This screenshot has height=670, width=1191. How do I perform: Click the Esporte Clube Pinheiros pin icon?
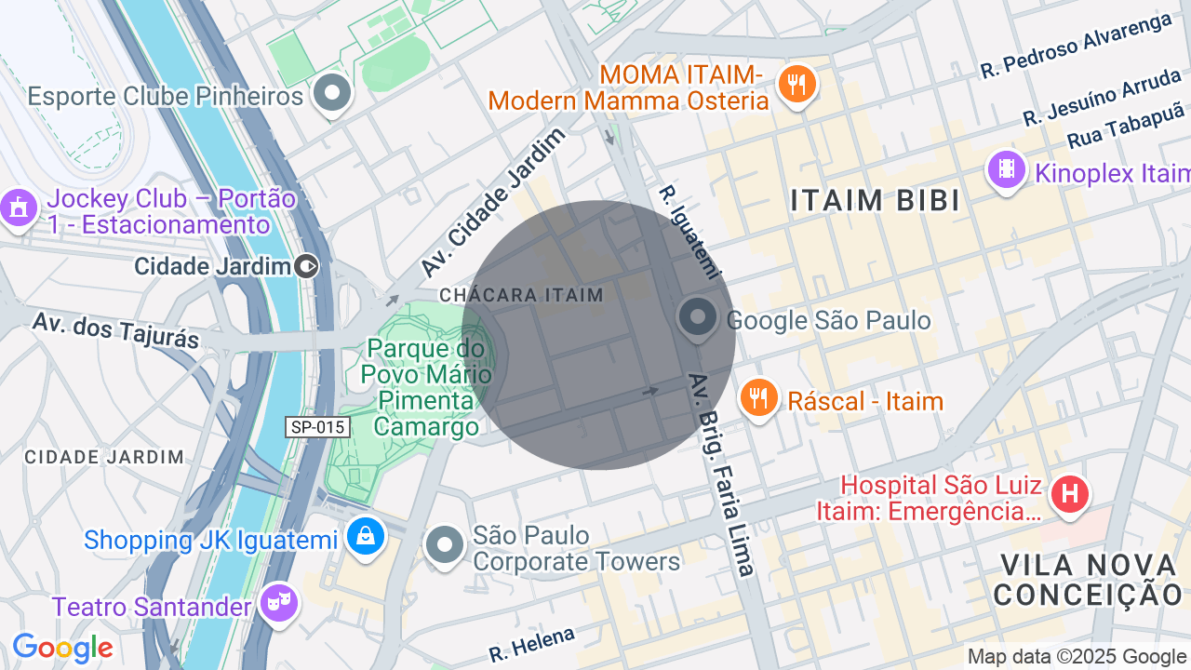pos(331,93)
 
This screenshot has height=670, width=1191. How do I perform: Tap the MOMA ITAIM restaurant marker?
pos(796,85)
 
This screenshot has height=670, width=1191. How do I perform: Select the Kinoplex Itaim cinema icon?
pos(1006,169)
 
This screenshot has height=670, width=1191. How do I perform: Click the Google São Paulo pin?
pos(697,317)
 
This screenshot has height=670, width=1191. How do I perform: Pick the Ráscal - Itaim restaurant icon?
pos(759,398)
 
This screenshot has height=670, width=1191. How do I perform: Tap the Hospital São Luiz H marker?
pos(1069,493)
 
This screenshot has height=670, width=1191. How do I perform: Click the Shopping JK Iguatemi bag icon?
pos(366,537)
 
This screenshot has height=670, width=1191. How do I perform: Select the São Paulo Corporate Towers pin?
pos(444,545)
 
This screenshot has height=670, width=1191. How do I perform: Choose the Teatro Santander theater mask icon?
pos(278,604)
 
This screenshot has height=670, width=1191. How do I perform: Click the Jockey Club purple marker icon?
pos(18,208)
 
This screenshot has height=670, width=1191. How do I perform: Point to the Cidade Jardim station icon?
pos(306,267)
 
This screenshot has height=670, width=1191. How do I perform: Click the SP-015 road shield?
pos(317,427)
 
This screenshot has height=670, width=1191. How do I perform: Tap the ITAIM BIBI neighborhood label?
pos(875,200)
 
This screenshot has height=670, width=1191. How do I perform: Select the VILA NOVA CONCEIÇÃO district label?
pos(1087,579)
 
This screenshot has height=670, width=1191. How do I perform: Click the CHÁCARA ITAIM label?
pos(521,295)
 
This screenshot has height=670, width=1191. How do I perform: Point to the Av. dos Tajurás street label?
pos(115,330)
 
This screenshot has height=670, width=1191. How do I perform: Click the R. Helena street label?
pos(531,644)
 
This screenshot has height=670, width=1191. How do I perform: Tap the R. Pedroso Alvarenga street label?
pos(1075,45)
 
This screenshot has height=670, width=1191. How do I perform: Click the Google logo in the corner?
pos(62,649)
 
